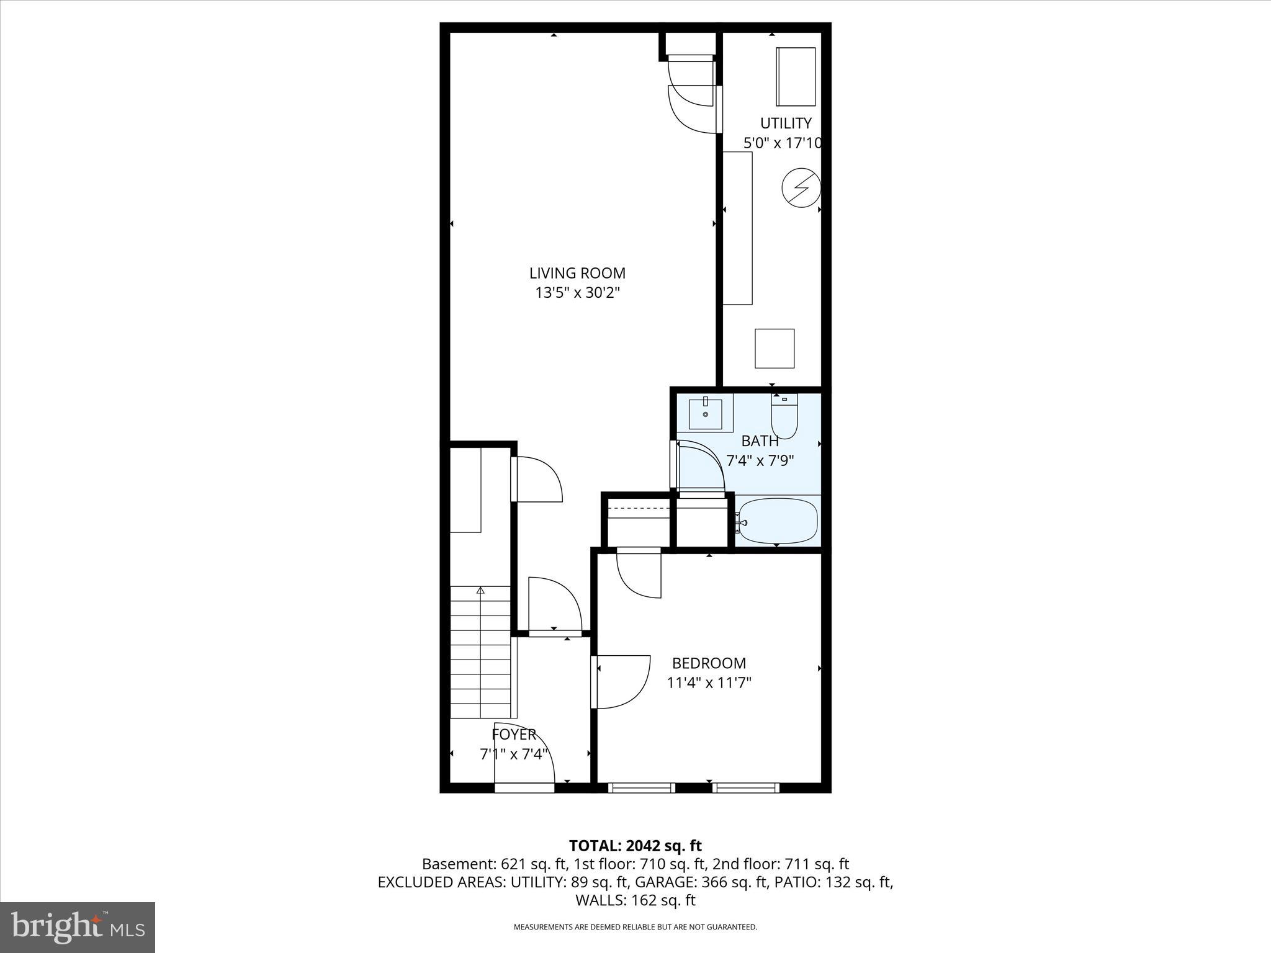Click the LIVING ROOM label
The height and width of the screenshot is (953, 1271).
577,273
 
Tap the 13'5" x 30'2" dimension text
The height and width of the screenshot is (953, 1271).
577,293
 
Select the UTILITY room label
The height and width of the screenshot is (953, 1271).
786,123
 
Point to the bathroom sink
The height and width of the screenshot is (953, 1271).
706,414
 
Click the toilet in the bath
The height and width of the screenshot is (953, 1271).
784,418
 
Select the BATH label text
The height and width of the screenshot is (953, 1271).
760,441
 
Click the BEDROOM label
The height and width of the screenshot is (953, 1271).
709,663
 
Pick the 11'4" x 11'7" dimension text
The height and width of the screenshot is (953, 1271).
709,683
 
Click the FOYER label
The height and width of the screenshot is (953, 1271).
513,735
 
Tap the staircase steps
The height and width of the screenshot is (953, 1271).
480,651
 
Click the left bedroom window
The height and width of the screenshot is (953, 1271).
641,788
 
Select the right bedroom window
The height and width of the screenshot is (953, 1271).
745,788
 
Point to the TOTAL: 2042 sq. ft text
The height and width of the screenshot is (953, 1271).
635,846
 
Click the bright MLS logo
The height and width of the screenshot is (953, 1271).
78,928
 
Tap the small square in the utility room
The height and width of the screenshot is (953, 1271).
774,348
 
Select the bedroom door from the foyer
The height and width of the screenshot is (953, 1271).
621,682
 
